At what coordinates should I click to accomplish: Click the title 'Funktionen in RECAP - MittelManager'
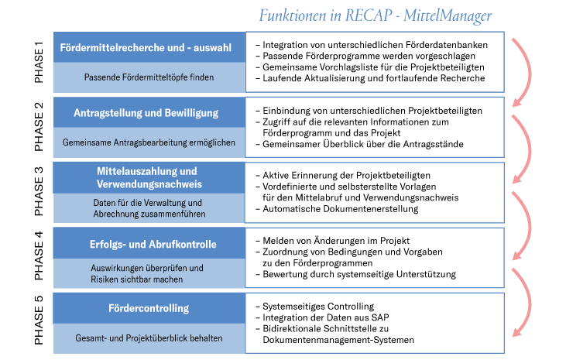(376, 16)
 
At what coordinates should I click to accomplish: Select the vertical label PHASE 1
(39, 62)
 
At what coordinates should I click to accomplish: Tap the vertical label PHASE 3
(39, 191)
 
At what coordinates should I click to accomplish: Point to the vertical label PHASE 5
(39, 320)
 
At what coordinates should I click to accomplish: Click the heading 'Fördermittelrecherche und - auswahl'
(146, 48)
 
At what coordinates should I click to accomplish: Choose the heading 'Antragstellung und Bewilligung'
(146, 113)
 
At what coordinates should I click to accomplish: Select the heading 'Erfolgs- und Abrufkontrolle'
(153, 245)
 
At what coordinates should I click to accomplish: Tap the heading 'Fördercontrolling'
(149, 308)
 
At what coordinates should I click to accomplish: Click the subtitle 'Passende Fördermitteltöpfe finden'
(149, 77)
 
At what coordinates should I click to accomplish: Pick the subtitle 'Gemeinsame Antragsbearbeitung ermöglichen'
(149, 142)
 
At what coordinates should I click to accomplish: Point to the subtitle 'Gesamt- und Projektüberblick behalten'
(149, 338)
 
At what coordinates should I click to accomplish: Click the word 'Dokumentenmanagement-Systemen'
(338, 340)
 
